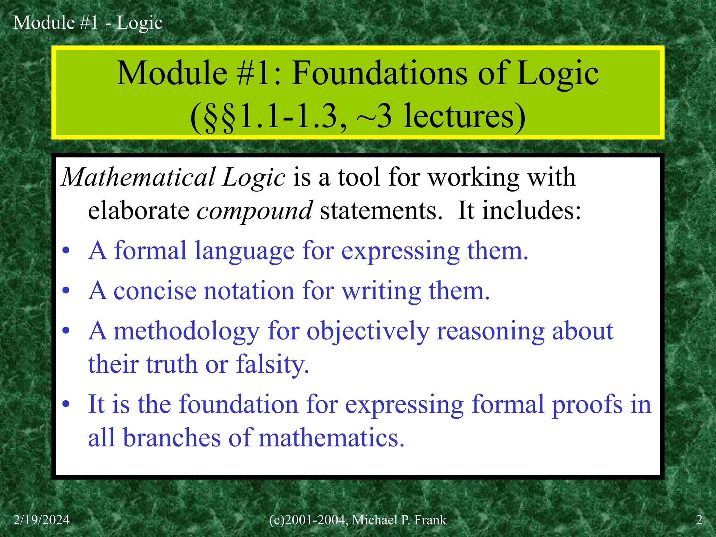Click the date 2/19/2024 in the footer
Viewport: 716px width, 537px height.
(41, 520)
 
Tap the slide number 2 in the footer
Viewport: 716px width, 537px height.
(699, 520)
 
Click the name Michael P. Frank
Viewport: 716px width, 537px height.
(399, 520)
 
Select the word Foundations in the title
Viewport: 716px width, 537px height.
(380, 73)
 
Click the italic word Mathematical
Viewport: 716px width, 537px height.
(138, 177)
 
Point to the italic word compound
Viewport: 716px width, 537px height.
(255, 211)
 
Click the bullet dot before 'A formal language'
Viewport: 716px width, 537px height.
(66, 251)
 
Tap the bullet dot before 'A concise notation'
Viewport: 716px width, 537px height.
(66, 291)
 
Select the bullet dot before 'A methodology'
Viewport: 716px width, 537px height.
(66, 331)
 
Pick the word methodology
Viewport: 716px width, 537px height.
(187, 331)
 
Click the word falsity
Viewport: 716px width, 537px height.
(273, 364)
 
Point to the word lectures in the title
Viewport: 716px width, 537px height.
(464, 116)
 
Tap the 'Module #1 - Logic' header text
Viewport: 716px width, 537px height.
(88, 23)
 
